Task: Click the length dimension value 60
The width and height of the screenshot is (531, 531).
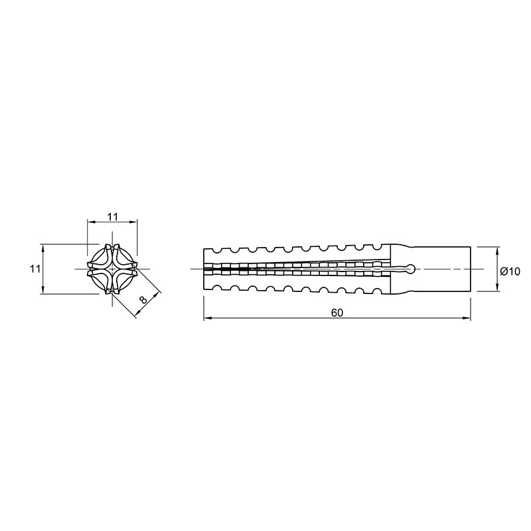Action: pos(337,313)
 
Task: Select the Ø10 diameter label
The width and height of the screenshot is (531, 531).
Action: pos(510,271)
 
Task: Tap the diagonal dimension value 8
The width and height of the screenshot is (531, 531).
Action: pos(143,300)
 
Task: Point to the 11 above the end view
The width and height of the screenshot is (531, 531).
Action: pos(112,217)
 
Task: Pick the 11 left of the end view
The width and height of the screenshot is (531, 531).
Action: pos(35,269)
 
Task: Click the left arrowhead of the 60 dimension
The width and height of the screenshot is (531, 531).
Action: pos(207,318)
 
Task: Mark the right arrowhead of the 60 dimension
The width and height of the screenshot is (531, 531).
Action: pos(467,318)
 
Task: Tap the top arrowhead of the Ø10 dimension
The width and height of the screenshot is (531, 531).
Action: pos(496,252)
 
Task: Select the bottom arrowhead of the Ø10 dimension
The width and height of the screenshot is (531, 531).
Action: pos(496,287)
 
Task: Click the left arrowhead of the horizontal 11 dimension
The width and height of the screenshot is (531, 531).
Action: pos(92,222)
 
